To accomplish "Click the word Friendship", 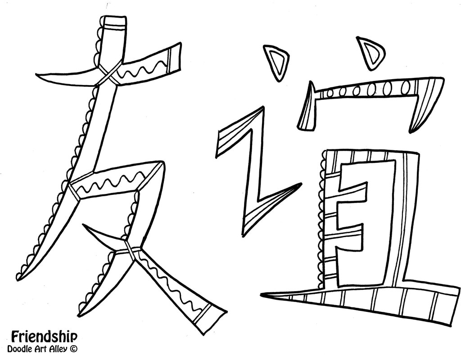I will (44, 336).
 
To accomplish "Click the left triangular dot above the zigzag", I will (276, 61).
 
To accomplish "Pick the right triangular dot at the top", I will (371, 52).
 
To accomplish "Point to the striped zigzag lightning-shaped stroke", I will (252, 171).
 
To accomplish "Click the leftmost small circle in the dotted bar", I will (330, 93).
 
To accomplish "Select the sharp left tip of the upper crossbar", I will (43, 76).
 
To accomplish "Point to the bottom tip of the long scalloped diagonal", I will (20, 275).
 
